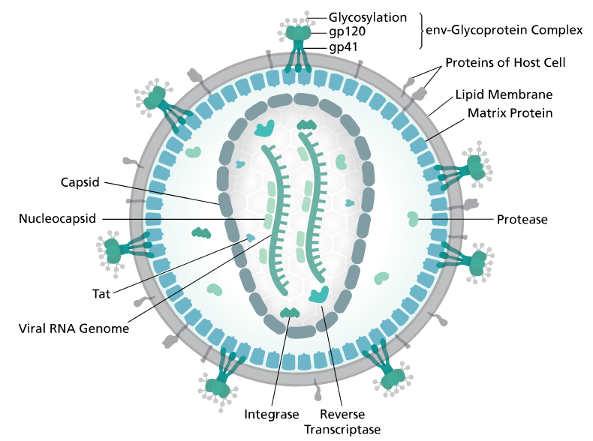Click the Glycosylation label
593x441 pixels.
(x=367, y=18)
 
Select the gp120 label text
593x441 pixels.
(x=348, y=31)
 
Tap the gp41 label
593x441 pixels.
(x=343, y=47)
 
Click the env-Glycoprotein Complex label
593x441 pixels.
(x=504, y=30)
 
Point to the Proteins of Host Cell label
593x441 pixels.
(x=505, y=63)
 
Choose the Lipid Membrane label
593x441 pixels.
(x=504, y=94)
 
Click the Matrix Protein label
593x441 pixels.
(x=510, y=113)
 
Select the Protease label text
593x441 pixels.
(x=522, y=220)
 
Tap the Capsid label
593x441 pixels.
(x=80, y=182)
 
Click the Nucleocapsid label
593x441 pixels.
(x=57, y=219)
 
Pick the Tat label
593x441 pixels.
(x=101, y=294)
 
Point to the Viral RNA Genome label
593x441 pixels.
(x=74, y=328)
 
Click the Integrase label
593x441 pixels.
(x=272, y=415)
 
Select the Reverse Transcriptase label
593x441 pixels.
(x=342, y=421)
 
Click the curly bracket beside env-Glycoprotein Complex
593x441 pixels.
(x=420, y=31)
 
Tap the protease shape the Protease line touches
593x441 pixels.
(x=412, y=219)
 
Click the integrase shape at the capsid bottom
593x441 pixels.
(x=290, y=313)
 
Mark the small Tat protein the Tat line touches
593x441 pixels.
(x=251, y=238)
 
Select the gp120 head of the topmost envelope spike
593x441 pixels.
(x=298, y=33)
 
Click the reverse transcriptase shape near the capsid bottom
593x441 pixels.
(x=319, y=295)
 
